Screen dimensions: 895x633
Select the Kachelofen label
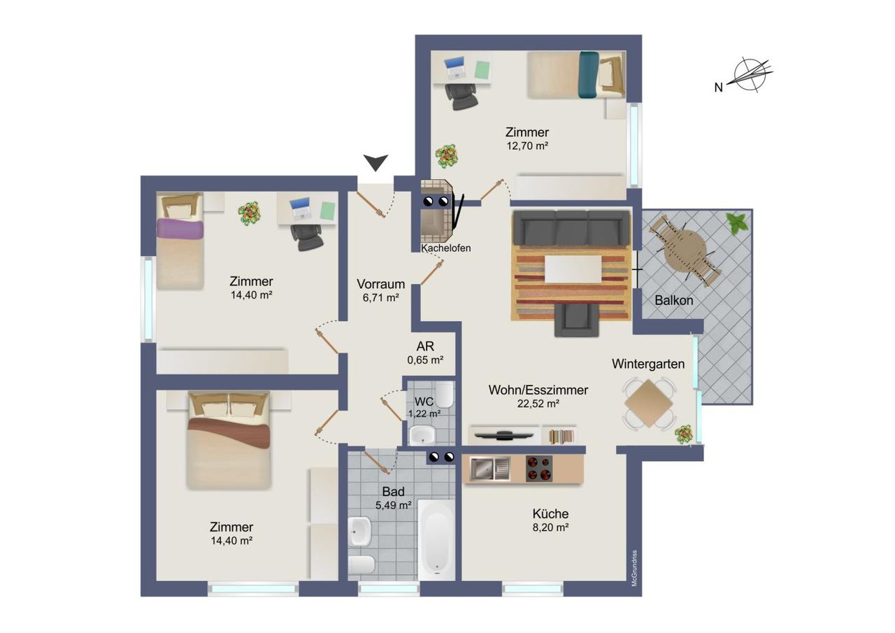pos(445,248)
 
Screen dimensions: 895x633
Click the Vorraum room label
pos(381,284)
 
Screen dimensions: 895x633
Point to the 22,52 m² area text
pos(538,404)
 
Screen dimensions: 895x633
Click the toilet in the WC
pos(444,394)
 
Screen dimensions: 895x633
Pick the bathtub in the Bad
pos(436,540)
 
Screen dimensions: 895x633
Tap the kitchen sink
pos(489,469)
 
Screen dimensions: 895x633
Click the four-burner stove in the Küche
pos(539,469)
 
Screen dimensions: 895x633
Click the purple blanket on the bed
pos(180,229)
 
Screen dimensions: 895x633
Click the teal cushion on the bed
pos(589,75)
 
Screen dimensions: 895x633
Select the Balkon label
pos(673,301)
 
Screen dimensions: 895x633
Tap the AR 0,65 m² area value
pos(425,360)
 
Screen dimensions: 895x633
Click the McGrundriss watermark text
pos(634,568)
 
